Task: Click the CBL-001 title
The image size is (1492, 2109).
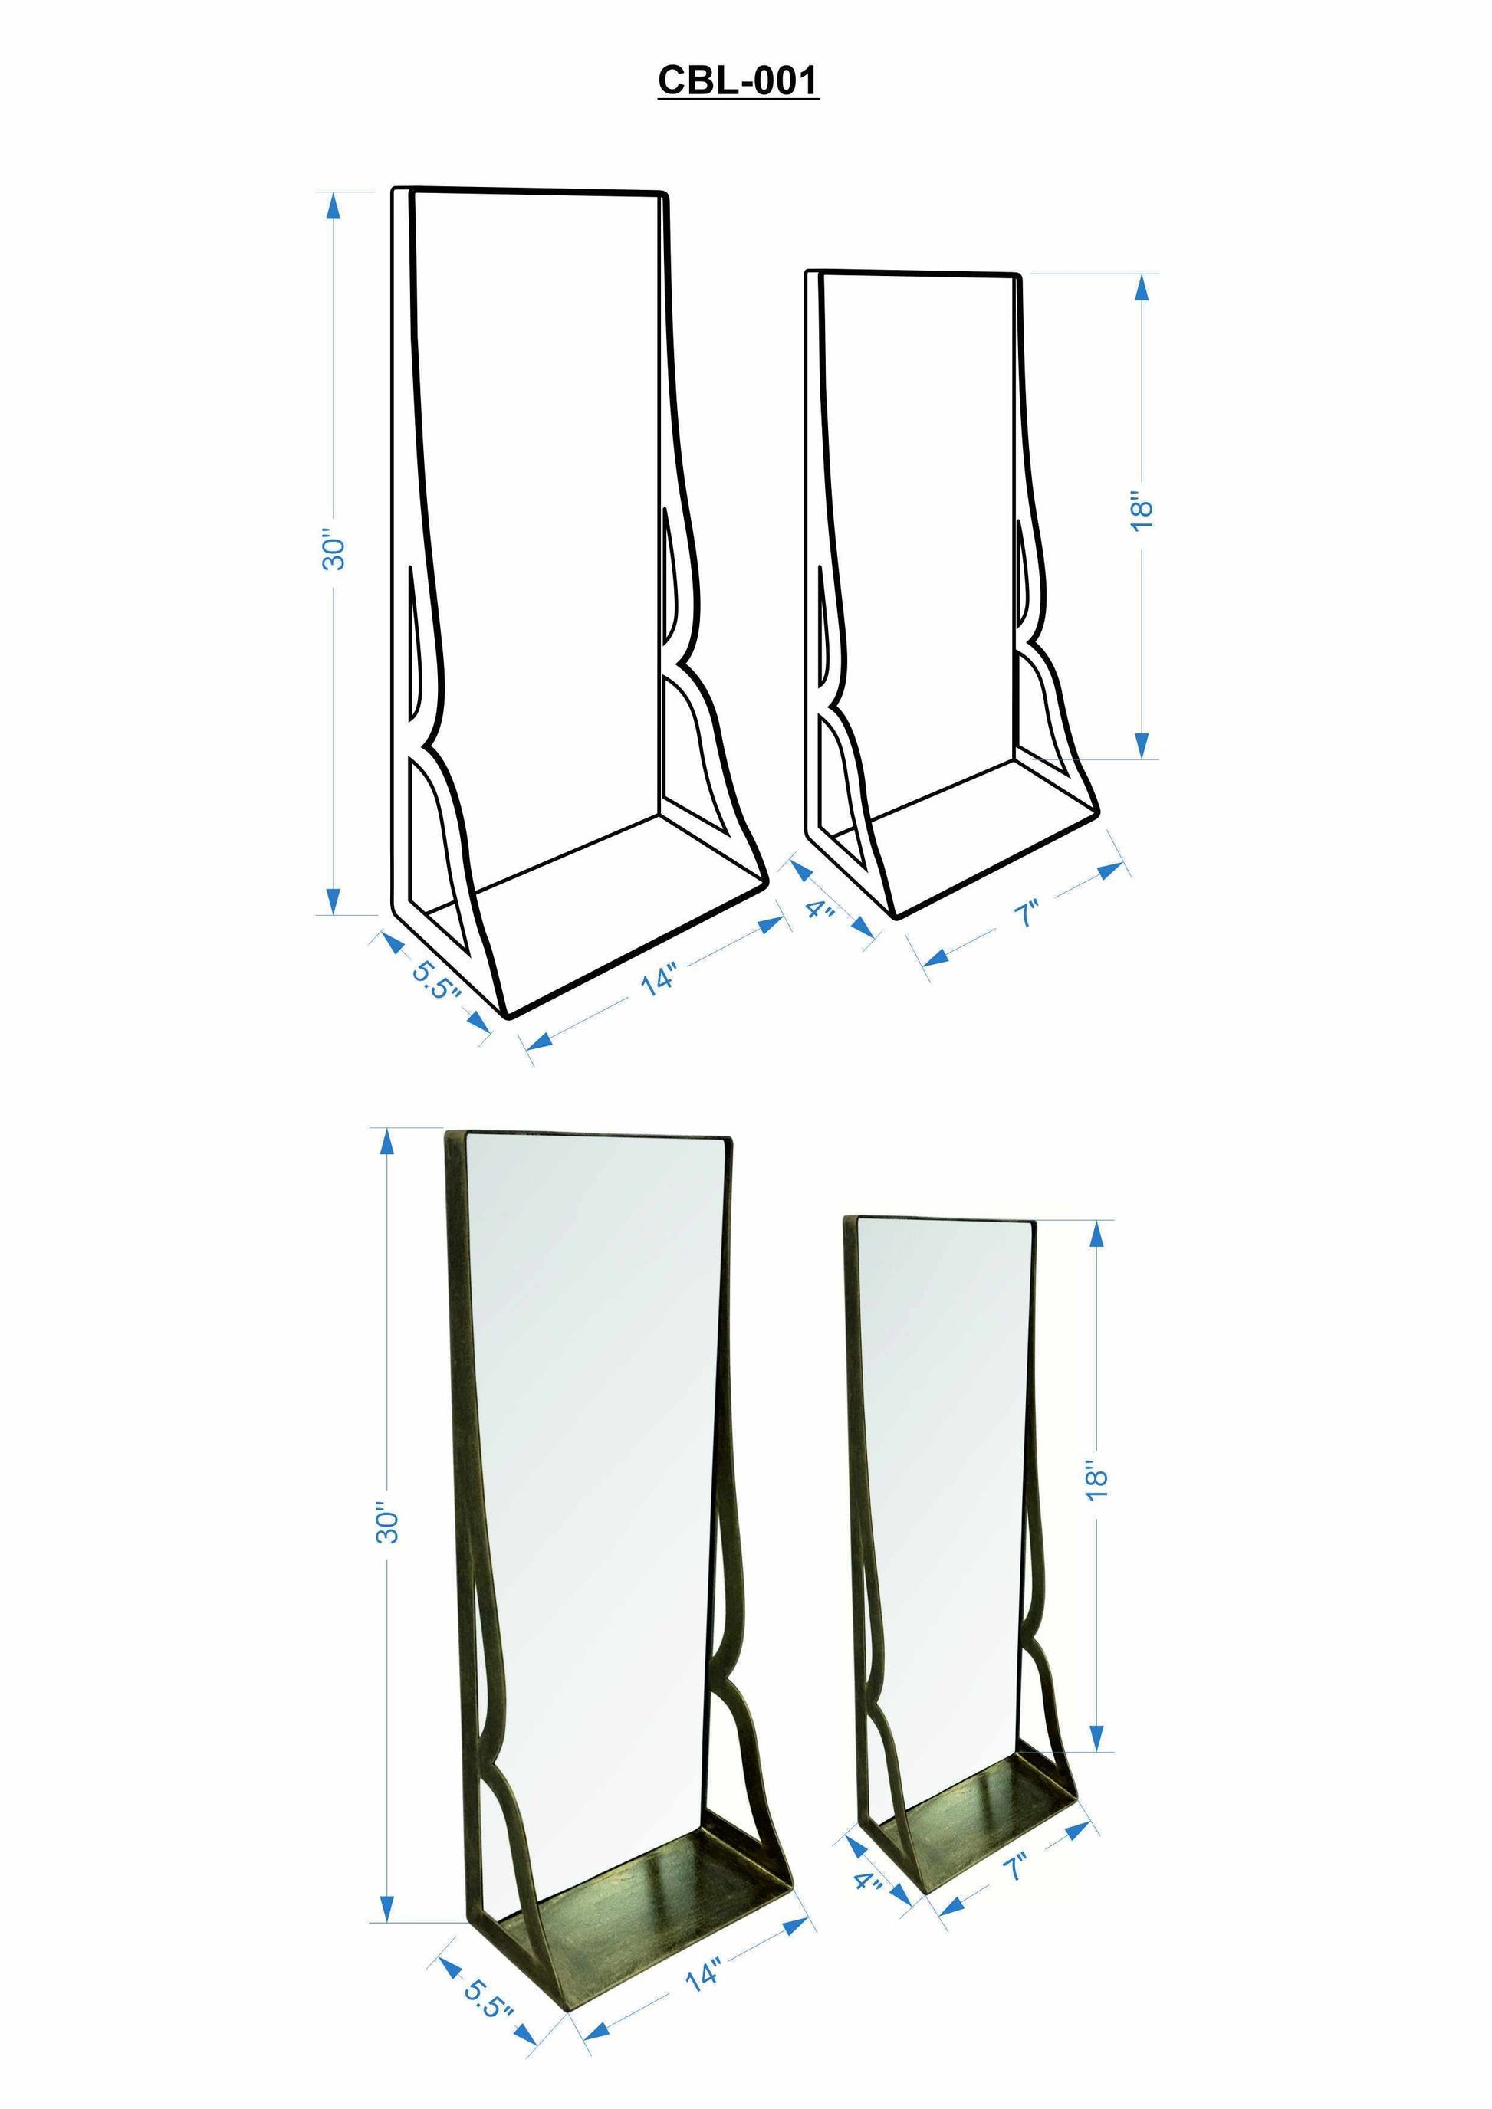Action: (x=738, y=80)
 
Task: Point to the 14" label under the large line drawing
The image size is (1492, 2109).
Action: (x=659, y=979)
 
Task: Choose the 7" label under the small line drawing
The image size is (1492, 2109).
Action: (x=1026, y=915)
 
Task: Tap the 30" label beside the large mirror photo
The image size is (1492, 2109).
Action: (x=388, y=1523)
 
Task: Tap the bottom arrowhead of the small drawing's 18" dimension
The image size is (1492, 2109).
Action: (x=1141, y=745)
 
